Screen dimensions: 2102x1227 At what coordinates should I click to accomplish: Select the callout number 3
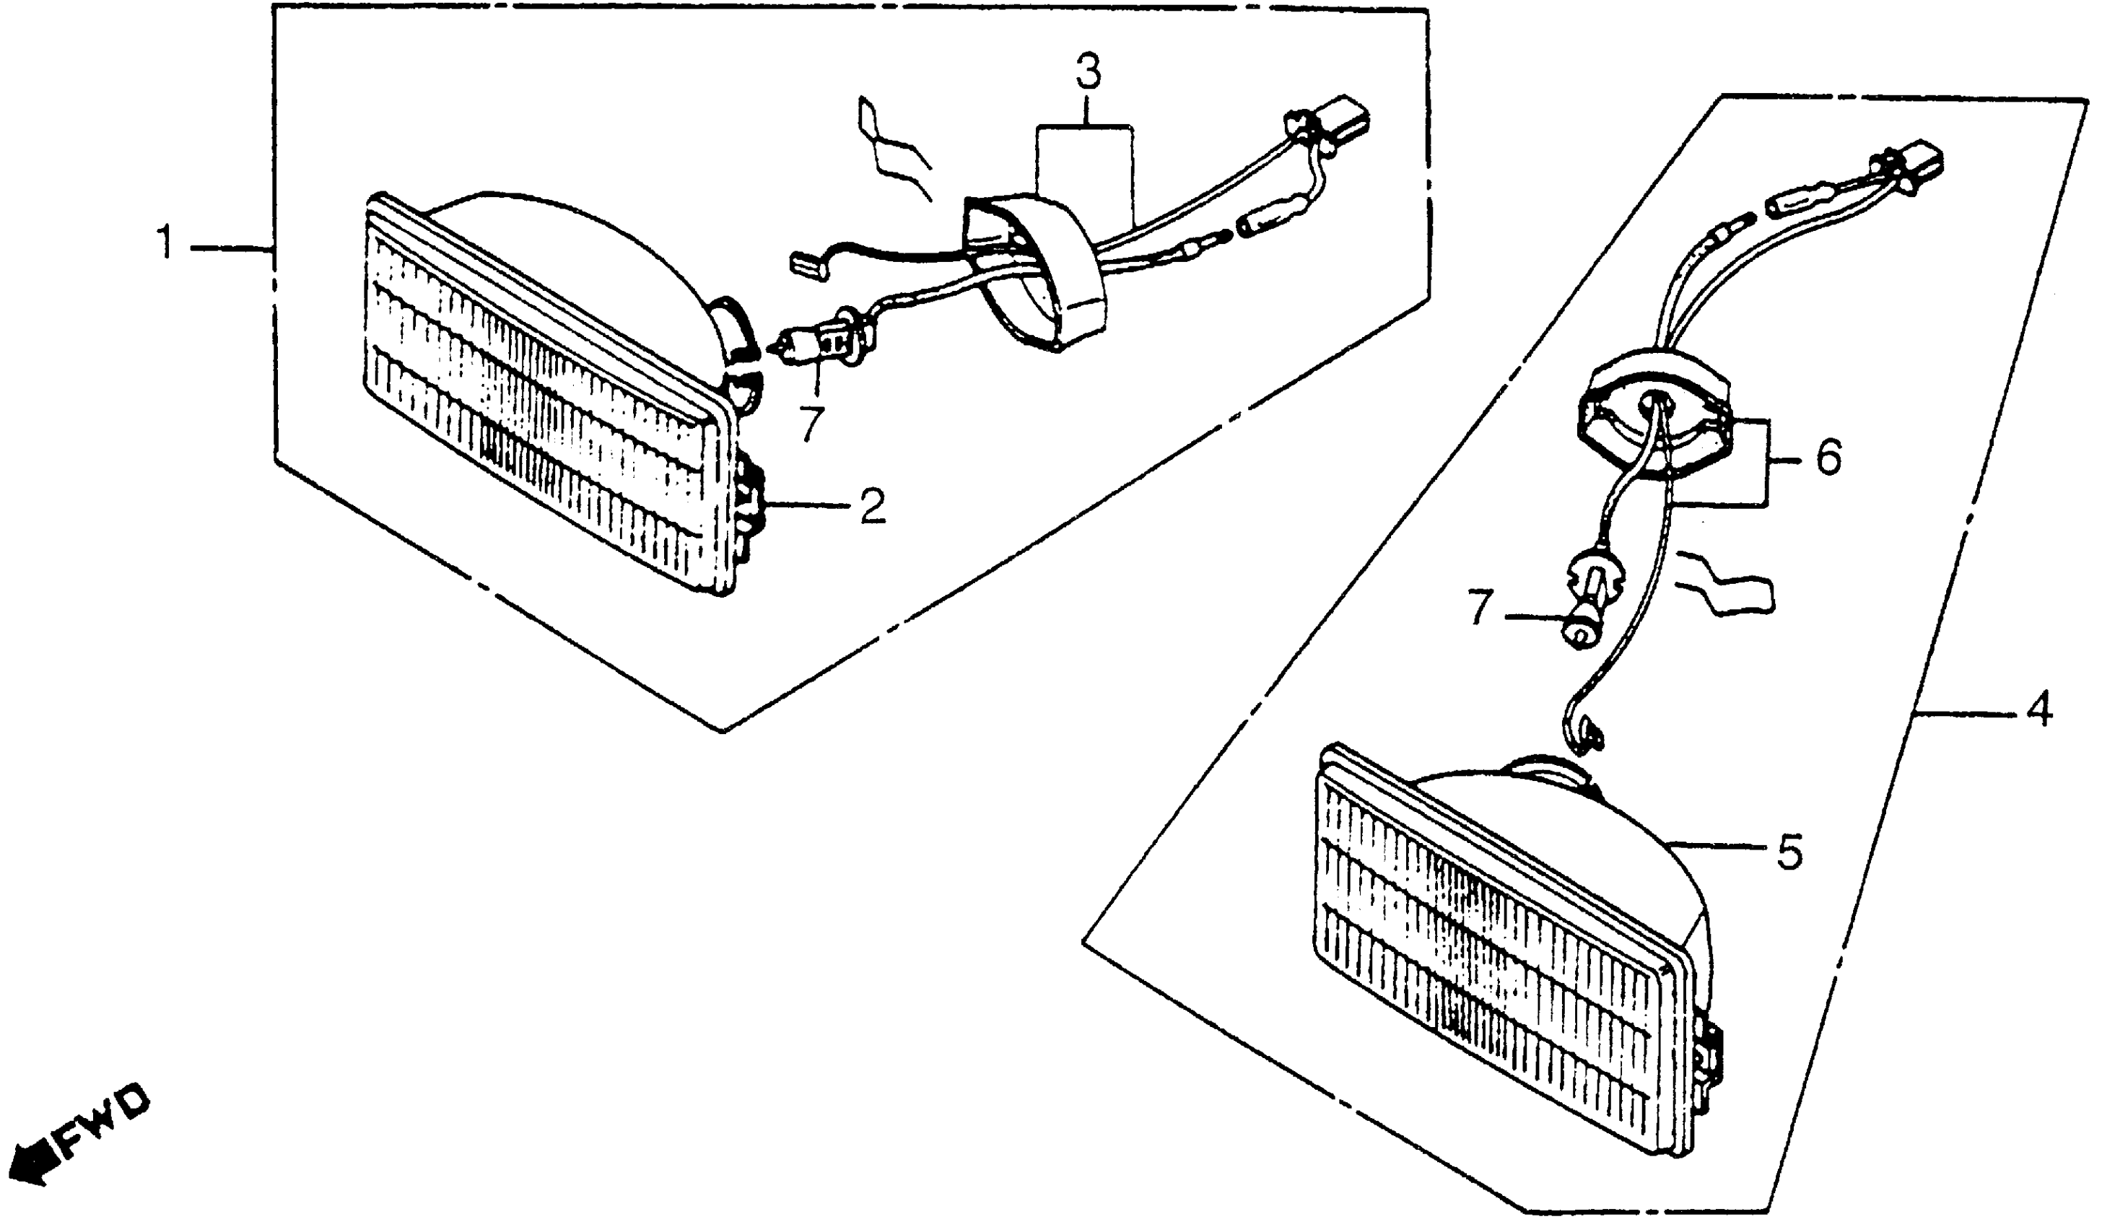[x=1087, y=74]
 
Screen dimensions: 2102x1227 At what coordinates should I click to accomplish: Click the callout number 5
[x=1789, y=852]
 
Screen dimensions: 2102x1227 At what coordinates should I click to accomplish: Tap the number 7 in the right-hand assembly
[x=1478, y=609]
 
